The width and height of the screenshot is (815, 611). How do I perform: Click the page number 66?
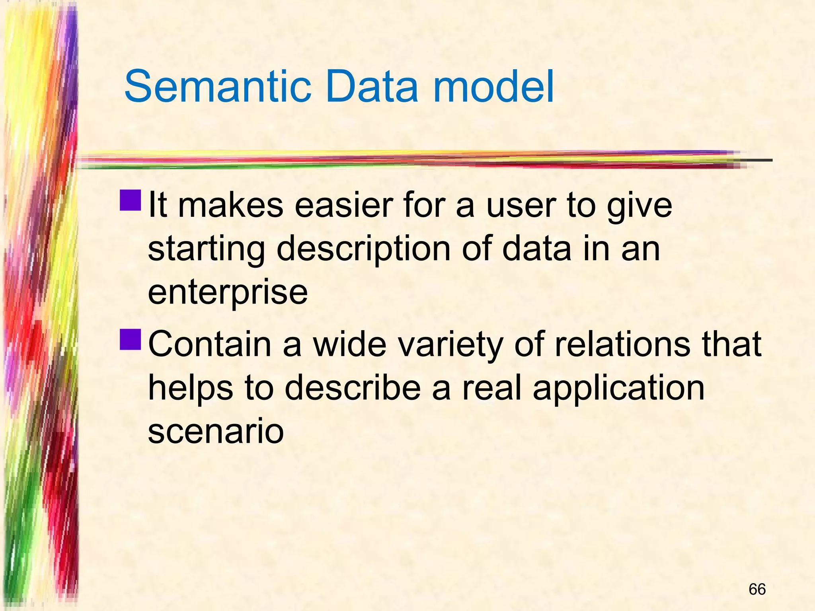click(757, 589)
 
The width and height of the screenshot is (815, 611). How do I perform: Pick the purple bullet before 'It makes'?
click(130, 200)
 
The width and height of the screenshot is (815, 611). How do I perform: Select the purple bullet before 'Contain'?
click(130, 339)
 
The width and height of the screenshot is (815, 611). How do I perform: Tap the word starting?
click(206, 250)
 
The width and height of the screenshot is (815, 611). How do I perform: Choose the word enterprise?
click(228, 293)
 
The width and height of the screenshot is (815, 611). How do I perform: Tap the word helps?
click(190, 388)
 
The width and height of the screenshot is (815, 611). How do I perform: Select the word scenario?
click(216, 431)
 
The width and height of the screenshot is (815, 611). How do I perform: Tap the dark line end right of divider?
click(756, 160)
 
